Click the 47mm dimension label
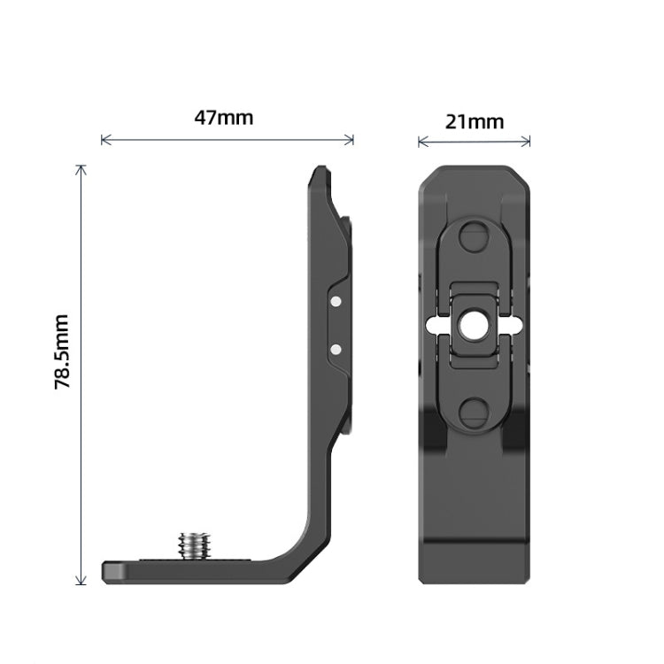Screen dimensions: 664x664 [224, 117]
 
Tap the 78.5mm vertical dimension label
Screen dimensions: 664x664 [63, 351]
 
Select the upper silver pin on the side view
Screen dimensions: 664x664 [336, 303]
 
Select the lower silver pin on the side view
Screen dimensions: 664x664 [336, 349]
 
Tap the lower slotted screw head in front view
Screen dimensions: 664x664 [474, 410]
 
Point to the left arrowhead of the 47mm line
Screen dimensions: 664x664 [104, 140]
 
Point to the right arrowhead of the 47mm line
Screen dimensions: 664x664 [351, 140]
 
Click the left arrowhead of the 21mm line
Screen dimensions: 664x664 [421, 140]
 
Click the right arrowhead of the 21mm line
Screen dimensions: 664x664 [529, 140]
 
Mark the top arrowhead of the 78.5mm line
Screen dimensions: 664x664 [81, 167]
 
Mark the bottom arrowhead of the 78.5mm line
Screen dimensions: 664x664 [81, 583]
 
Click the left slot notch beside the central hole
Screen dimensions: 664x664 [435, 326]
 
